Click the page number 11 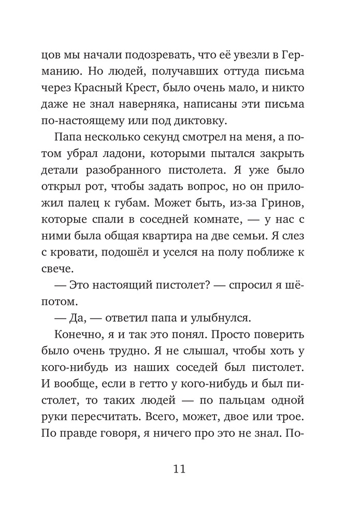pyautogui.click(x=180, y=469)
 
